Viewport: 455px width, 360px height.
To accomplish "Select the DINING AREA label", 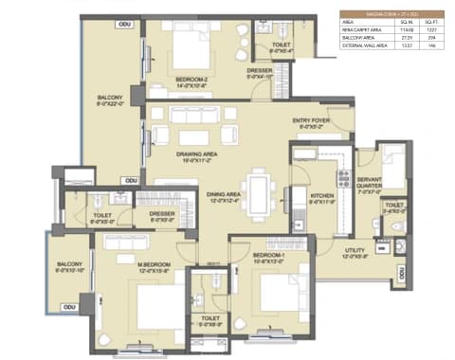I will [x=227, y=195].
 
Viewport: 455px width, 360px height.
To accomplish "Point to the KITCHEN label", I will [x=323, y=195].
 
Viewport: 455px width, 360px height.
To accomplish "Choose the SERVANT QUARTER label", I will [x=372, y=184].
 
